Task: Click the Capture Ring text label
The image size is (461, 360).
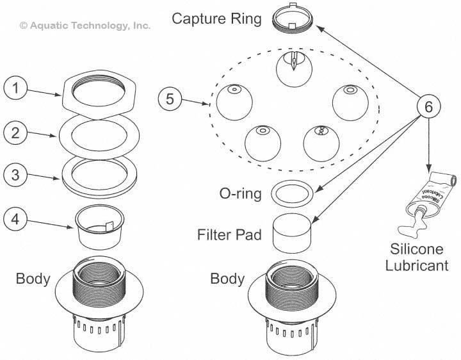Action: pyautogui.click(x=216, y=19)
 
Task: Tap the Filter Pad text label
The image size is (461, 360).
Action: pyautogui.click(x=229, y=235)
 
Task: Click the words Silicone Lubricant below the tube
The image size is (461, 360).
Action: pyautogui.click(x=417, y=256)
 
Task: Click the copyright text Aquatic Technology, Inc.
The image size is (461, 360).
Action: pyautogui.click(x=85, y=26)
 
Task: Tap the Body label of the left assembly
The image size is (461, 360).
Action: pyautogui.click(x=33, y=279)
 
